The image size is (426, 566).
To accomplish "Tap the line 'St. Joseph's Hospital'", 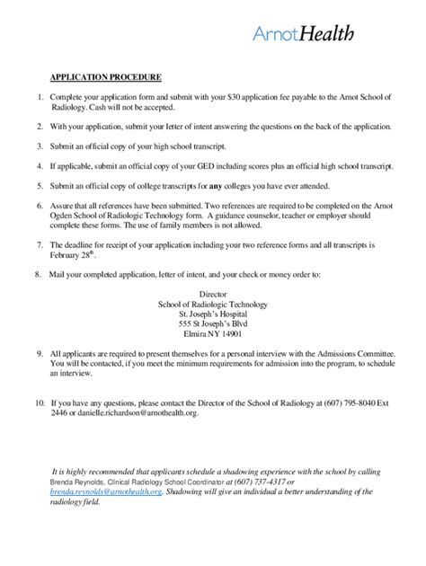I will coord(213,317).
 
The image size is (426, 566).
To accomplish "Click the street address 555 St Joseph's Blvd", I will coord(213,328).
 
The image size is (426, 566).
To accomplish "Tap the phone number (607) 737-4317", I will coord(257,482).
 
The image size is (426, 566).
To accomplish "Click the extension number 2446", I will coord(60,413).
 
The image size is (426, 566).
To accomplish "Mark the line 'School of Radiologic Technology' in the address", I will coord(213,306).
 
